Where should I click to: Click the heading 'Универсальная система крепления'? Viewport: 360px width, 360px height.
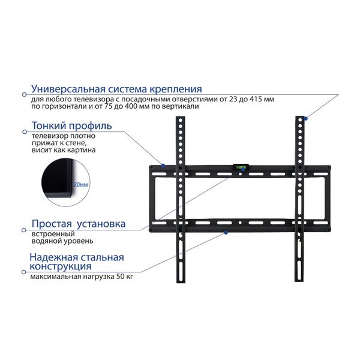(116, 89)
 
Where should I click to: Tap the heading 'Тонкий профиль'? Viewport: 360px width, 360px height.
(71, 126)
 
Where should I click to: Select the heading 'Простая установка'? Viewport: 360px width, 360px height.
(79, 224)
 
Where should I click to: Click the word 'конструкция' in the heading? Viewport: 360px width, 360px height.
(61, 266)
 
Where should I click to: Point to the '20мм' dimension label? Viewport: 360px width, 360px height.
(80, 184)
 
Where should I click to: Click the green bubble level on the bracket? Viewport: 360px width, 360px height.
(241, 167)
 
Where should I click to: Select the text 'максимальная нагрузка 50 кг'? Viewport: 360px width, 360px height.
(82, 277)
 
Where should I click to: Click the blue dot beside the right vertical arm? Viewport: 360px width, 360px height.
(305, 118)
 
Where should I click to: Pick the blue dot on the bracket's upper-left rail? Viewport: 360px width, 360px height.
(163, 166)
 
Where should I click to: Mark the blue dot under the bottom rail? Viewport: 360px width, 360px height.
(226, 233)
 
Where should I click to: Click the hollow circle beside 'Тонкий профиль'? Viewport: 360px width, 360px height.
(25, 131)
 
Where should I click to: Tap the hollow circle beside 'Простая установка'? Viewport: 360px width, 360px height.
(23, 230)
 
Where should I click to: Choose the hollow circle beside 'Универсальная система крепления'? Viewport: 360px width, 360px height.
(24, 94)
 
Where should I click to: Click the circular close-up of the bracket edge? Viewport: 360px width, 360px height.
(65, 182)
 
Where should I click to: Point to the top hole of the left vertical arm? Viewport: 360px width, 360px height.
(181, 121)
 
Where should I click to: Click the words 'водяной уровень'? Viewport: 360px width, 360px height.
(62, 241)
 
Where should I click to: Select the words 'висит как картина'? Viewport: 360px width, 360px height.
(64, 150)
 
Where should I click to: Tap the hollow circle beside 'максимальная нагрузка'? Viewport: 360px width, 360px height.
(23, 272)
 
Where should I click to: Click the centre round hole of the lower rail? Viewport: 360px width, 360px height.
(240, 223)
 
